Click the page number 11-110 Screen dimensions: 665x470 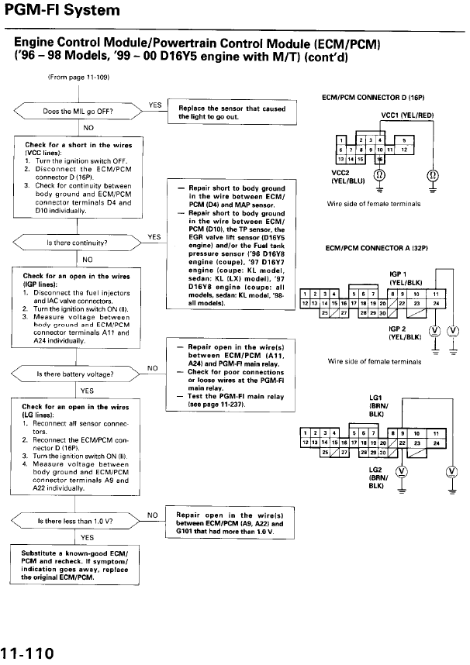28,653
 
